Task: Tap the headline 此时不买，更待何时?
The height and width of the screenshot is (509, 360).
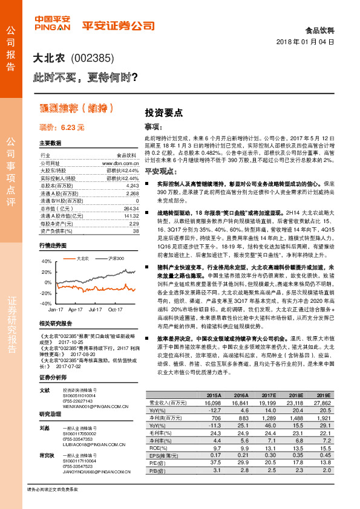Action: [x=86, y=77]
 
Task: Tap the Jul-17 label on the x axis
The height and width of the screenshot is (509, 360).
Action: [x=94, y=308]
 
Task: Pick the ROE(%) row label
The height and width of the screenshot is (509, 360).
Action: [x=159, y=449]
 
